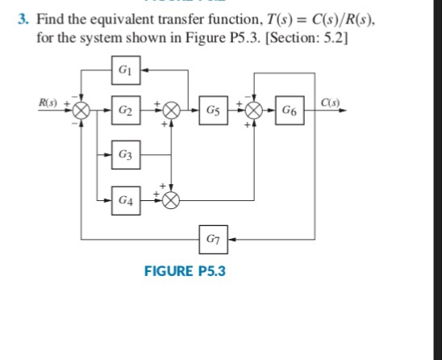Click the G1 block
point(125,70)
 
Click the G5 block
point(211,109)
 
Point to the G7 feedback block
point(211,238)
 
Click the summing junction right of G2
point(172,109)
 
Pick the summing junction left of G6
point(256,109)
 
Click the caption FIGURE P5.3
point(185,270)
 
